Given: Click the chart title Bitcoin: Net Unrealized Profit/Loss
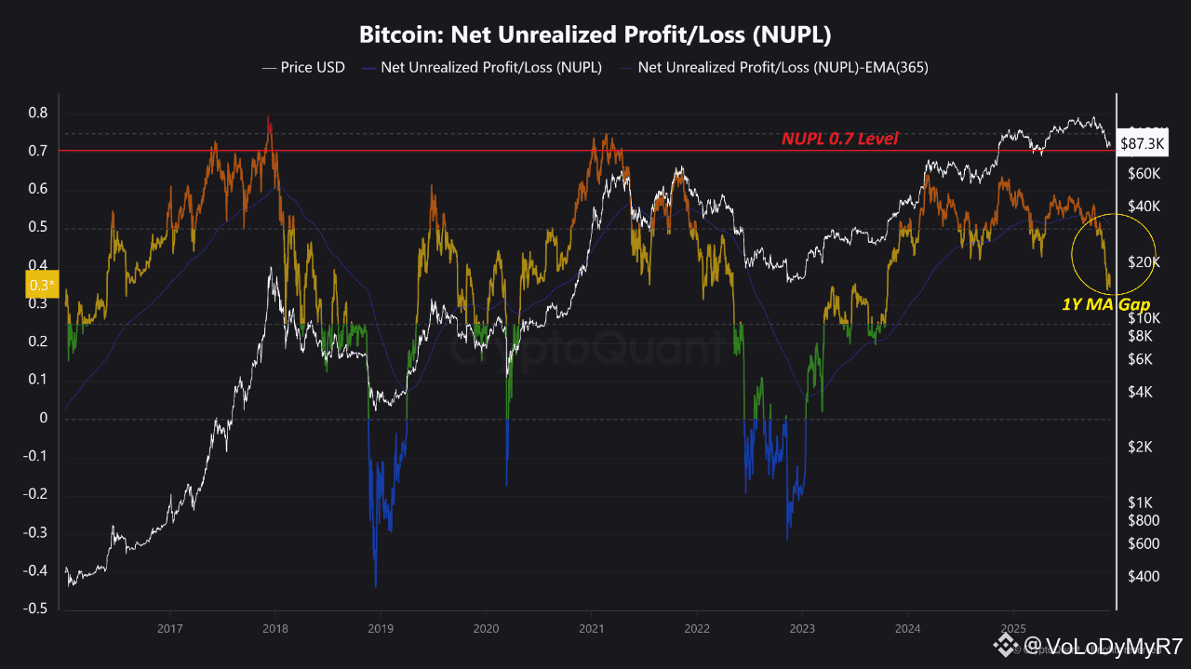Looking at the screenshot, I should [595, 35].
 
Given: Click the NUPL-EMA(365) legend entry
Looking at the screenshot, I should [783, 68].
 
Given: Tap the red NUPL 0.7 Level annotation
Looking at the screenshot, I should [839, 140].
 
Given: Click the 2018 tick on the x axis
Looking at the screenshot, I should [276, 630].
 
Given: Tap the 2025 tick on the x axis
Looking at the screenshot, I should [1012, 630].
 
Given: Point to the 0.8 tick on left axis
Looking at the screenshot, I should [37, 113].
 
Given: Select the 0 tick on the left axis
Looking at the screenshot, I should [44, 418].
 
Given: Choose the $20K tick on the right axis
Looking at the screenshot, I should [1143, 262].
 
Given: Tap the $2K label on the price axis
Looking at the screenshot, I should [1140, 448].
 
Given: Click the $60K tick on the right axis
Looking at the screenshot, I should [1143, 174].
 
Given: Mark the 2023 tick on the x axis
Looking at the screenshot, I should [803, 630].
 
